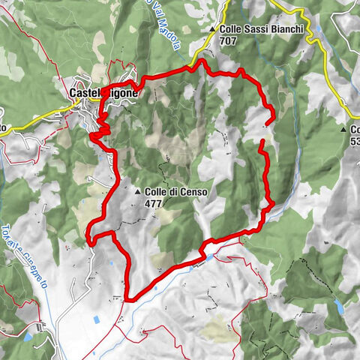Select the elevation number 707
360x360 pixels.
point(229,43)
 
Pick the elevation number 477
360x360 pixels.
point(154,202)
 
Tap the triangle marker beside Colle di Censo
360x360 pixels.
point(138,192)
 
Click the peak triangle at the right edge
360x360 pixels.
point(342,129)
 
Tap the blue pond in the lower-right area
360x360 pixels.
point(338,306)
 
